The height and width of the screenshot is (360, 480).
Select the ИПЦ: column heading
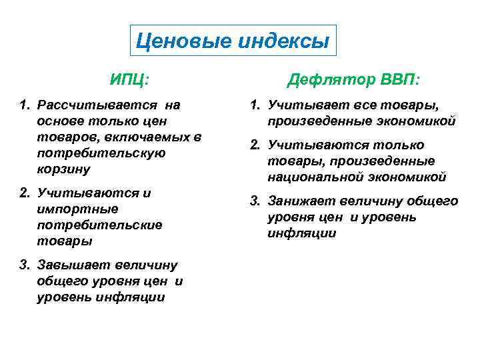coord(130,80)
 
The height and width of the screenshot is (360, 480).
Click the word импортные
coord(73,209)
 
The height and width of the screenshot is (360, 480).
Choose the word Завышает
coord(73,265)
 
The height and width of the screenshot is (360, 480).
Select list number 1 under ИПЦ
coord(25,105)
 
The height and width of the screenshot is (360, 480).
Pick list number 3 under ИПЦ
coord(25,265)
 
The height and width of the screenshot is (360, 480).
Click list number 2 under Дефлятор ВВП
coord(255,145)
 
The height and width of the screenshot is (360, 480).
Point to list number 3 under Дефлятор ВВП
coord(255,201)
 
